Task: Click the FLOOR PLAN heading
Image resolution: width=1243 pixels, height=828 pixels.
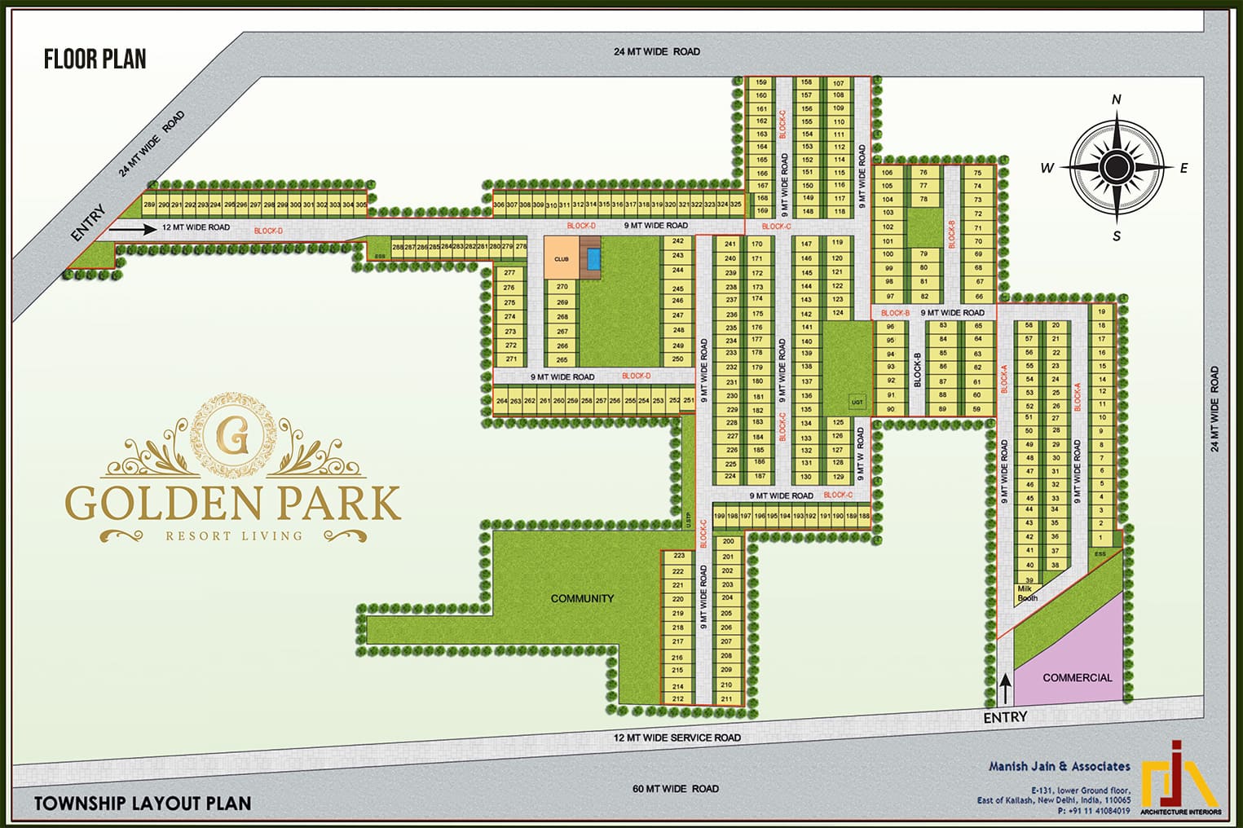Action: tap(95, 59)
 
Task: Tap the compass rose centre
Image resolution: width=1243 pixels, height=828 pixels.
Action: tap(1115, 167)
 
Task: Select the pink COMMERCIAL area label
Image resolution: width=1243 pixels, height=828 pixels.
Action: tap(1077, 677)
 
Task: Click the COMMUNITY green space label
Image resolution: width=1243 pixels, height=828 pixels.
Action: tap(582, 598)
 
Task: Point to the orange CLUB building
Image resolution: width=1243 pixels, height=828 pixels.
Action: tap(562, 258)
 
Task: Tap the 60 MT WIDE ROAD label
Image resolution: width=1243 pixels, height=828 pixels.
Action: tap(676, 788)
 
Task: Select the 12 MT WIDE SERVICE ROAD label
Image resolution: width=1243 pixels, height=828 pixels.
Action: tap(677, 738)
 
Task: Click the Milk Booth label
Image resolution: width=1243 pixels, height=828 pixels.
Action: tap(1026, 593)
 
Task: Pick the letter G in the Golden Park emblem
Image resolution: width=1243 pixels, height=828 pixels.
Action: tap(234, 438)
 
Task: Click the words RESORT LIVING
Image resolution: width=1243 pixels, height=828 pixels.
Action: tap(234, 535)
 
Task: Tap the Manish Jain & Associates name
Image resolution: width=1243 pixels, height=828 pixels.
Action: tap(1059, 766)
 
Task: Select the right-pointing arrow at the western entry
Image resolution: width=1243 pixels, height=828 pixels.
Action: tap(132, 229)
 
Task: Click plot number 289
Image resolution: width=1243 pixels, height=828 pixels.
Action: tap(149, 205)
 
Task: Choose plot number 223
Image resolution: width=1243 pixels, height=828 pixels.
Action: tap(678, 556)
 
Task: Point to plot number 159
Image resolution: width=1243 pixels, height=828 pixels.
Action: tap(761, 82)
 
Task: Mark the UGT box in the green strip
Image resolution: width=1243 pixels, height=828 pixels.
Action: tap(857, 402)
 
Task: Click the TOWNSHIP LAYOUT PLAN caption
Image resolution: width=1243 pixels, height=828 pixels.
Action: tap(143, 804)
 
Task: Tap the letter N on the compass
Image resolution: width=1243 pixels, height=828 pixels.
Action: tap(1117, 99)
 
